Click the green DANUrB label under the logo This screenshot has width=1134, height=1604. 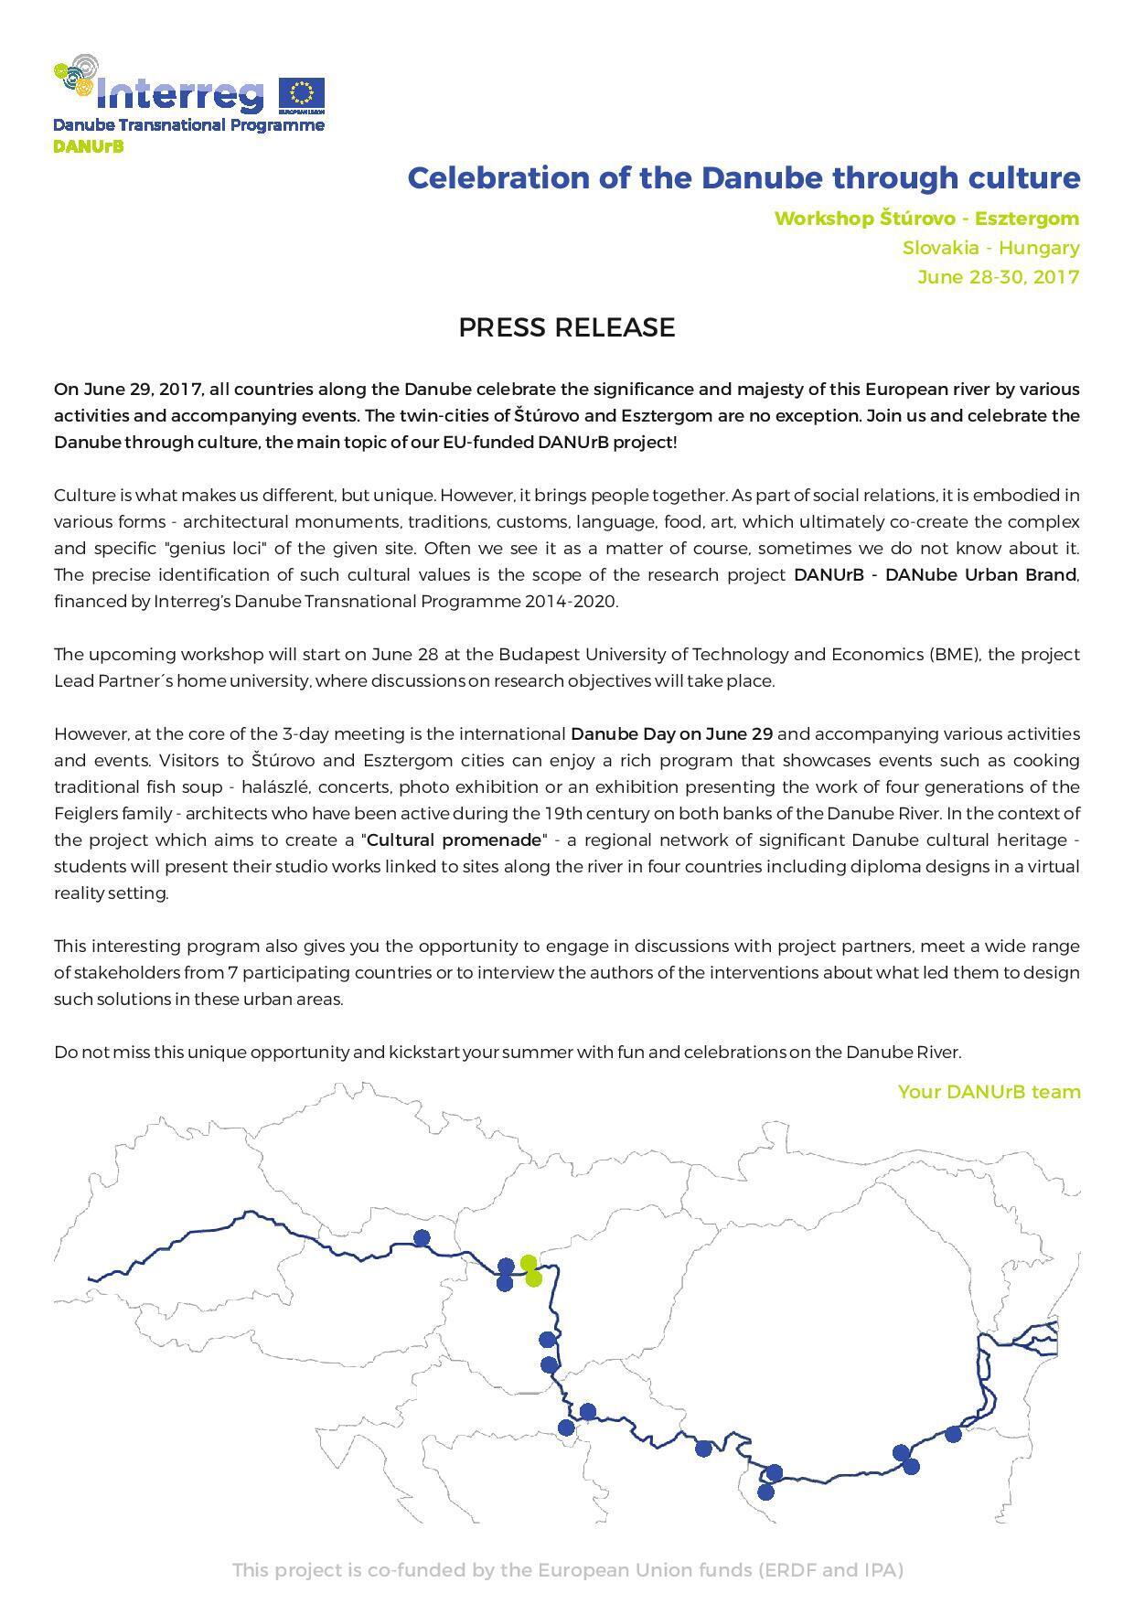[88, 146]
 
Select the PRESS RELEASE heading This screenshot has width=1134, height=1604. [566, 327]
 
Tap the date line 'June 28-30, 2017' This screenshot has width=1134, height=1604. [998, 277]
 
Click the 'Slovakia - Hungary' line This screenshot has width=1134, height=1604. [990, 248]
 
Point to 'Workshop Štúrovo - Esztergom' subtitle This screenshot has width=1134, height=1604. [926, 219]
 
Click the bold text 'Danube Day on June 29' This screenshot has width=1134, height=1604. [671, 733]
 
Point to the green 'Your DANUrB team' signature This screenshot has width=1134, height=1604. [989, 1092]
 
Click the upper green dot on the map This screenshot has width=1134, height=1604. [528, 1263]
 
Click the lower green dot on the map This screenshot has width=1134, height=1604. [534, 1278]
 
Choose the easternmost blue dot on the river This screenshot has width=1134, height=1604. [953, 1433]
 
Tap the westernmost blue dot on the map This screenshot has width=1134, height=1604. [422, 1237]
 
